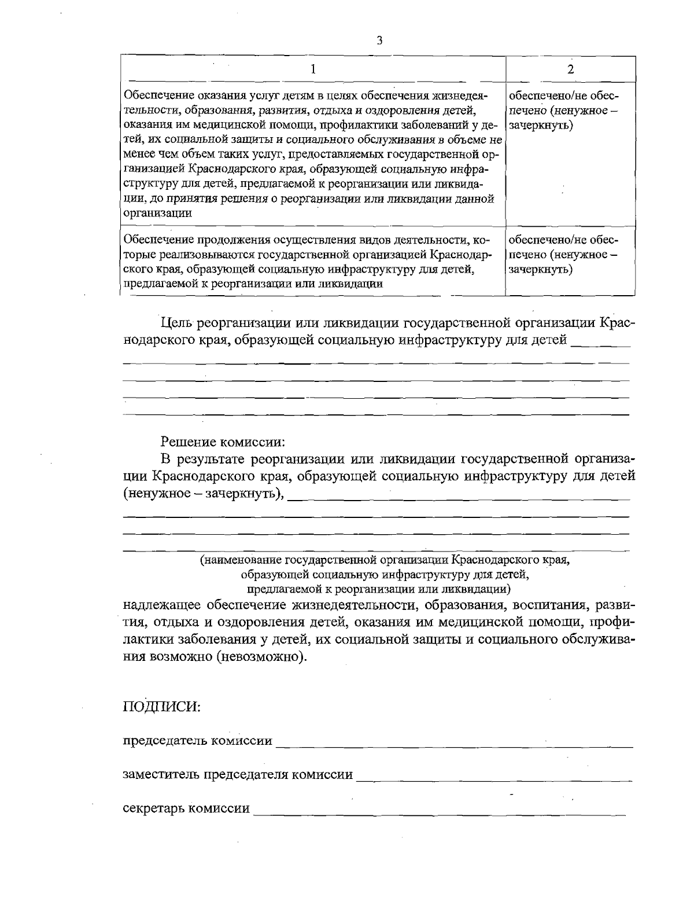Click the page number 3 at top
[x=379, y=41]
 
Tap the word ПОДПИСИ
[x=161, y=707]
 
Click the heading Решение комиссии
[x=223, y=442]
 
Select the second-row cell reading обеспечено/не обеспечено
[x=564, y=255]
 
